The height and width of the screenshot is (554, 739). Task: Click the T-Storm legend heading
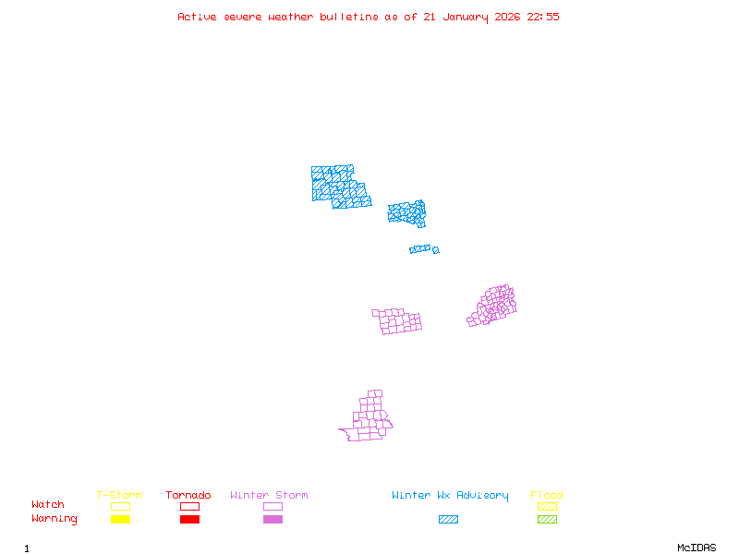[119, 496]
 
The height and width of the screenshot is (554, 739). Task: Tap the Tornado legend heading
[188, 496]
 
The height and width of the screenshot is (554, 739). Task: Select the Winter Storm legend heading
[269, 496]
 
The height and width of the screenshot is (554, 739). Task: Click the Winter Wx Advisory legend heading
[450, 496]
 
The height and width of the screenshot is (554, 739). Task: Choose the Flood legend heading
[547, 496]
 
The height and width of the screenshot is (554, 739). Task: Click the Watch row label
[48, 505]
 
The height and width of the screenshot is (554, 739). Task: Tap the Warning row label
[55, 519]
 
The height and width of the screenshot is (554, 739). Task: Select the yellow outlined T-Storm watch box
[120, 506]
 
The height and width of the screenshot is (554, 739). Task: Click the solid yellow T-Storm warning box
[120, 519]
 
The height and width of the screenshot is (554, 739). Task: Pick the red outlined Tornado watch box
[189, 506]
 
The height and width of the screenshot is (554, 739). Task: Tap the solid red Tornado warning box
[189, 519]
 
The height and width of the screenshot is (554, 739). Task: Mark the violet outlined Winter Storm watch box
[273, 506]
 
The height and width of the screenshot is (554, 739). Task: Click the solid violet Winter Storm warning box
[273, 519]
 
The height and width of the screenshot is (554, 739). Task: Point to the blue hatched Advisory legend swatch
[448, 519]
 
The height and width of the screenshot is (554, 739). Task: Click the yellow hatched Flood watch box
[547, 506]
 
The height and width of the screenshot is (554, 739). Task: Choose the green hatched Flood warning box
[547, 519]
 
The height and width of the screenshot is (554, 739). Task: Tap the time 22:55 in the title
[543, 17]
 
